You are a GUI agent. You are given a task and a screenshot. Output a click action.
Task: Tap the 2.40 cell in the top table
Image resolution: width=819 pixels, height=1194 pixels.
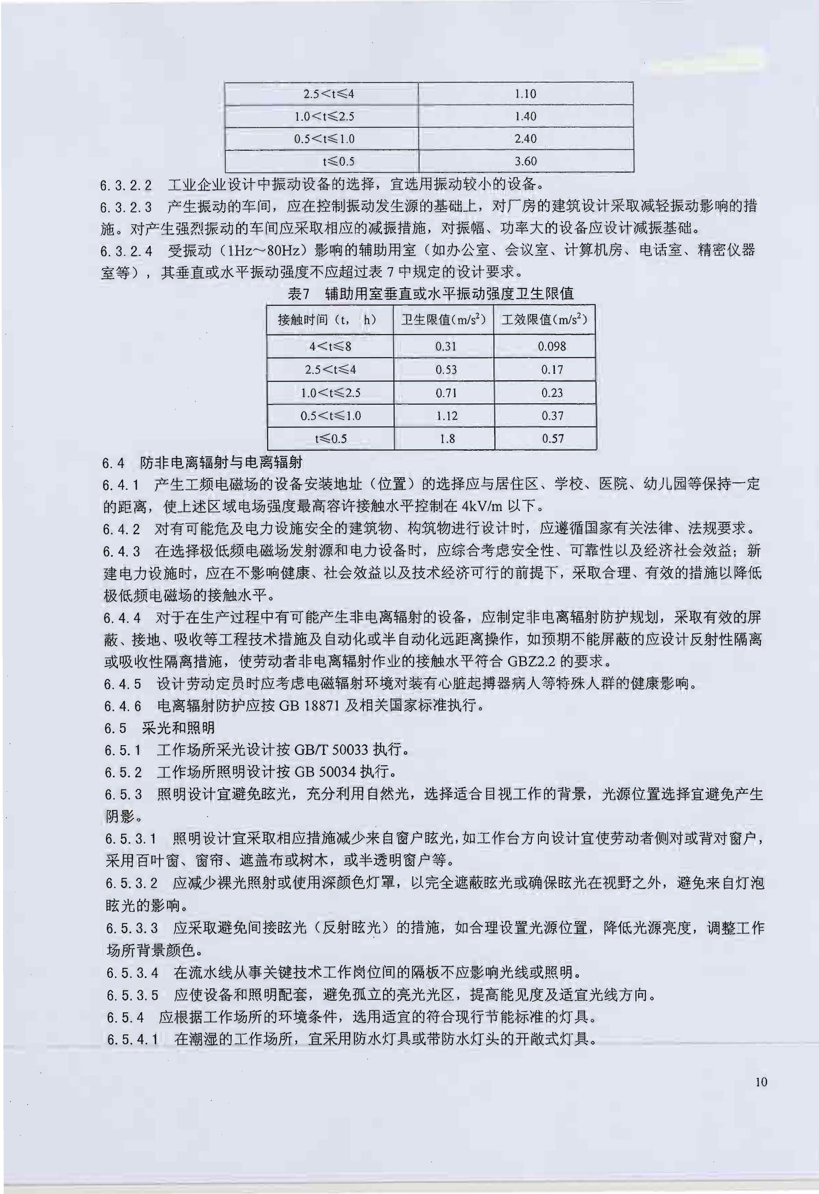(x=525, y=139)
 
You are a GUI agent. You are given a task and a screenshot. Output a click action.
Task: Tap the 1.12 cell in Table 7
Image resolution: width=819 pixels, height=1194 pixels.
(x=446, y=416)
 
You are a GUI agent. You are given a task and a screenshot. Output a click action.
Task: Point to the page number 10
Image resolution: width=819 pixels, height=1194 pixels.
(x=761, y=1082)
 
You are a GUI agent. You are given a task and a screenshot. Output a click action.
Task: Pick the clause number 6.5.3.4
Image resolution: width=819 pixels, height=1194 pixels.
(x=133, y=973)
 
